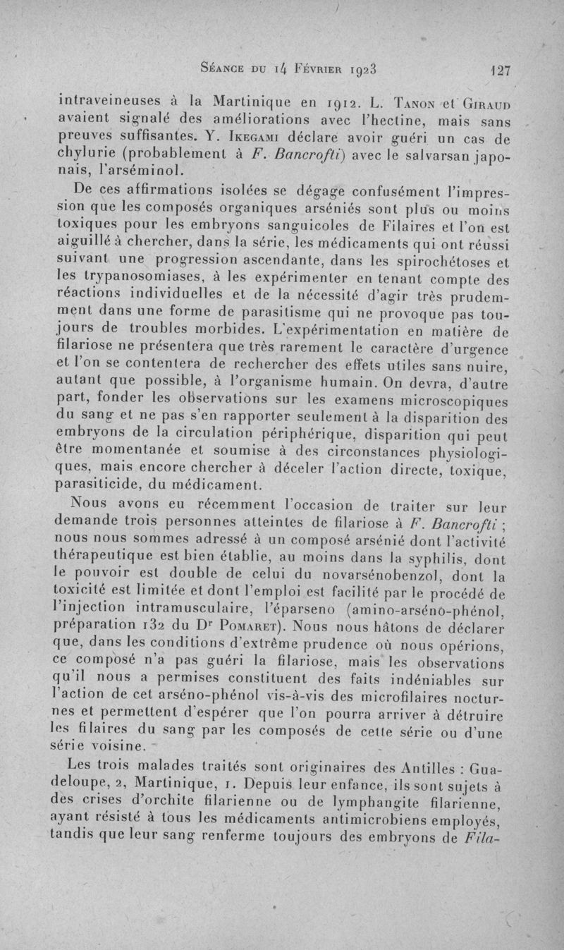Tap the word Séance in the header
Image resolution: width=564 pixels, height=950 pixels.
coord(224,69)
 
